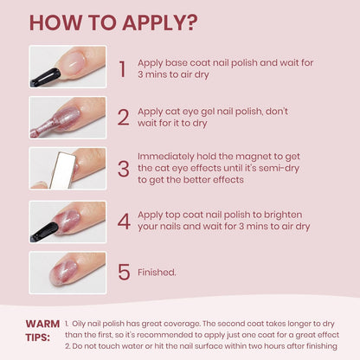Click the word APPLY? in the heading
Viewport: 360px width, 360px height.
pos(160,22)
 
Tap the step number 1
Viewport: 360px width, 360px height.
pos(123,69)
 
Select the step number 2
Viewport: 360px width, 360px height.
pos(123,117)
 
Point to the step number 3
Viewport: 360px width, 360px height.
pos(124,169)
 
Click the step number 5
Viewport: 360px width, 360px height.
pos(124,272)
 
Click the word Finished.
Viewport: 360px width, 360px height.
pos(157,272)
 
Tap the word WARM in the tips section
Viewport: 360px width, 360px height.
pos(42,324)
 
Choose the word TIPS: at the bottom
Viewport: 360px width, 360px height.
pos(38,337)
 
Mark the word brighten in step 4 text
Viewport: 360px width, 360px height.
pos(283,215)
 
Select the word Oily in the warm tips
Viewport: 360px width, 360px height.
pos(79,324)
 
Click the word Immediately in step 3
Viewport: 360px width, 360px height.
pos(166,157)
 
